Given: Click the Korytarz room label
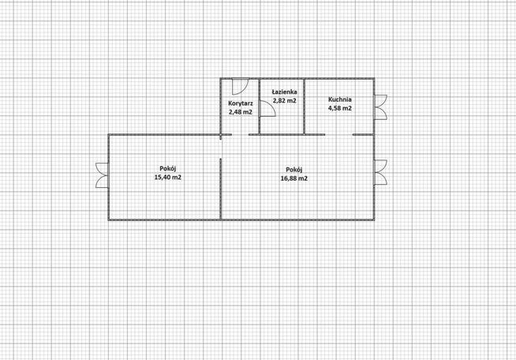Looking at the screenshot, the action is click(x=241, y=103).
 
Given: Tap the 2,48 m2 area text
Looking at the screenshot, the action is click(x=241, y=111).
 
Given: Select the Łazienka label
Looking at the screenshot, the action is click(x=284, y=92).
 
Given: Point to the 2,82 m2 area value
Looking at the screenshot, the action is click(x=284, y=100).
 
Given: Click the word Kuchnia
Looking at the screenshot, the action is click(x=340, y=99).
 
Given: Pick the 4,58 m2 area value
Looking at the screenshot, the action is click(x=340, y=108).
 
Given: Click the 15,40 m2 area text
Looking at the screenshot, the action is click(x=168, y=177).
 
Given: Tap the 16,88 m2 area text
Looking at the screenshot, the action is click(x=294, y=178).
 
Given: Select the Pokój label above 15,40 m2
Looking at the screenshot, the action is click(x=168, y=169).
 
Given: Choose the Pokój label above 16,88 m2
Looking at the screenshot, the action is click(x=294, y=170).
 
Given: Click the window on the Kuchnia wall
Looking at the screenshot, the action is click(x=380, y=107).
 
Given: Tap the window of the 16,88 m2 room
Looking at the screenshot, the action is click(x=380, y=172).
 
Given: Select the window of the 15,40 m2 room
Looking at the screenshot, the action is click(x=103, y=175).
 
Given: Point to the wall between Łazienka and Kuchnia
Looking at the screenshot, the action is click(x=304, y=107).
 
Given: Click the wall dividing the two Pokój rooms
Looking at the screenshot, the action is click(x=220, y=189).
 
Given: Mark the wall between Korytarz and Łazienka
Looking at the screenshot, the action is click(x=260, y=107).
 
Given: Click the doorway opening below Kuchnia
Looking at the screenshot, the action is click(x=339, y=135).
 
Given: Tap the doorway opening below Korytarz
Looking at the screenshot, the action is click(x=240, y=135).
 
